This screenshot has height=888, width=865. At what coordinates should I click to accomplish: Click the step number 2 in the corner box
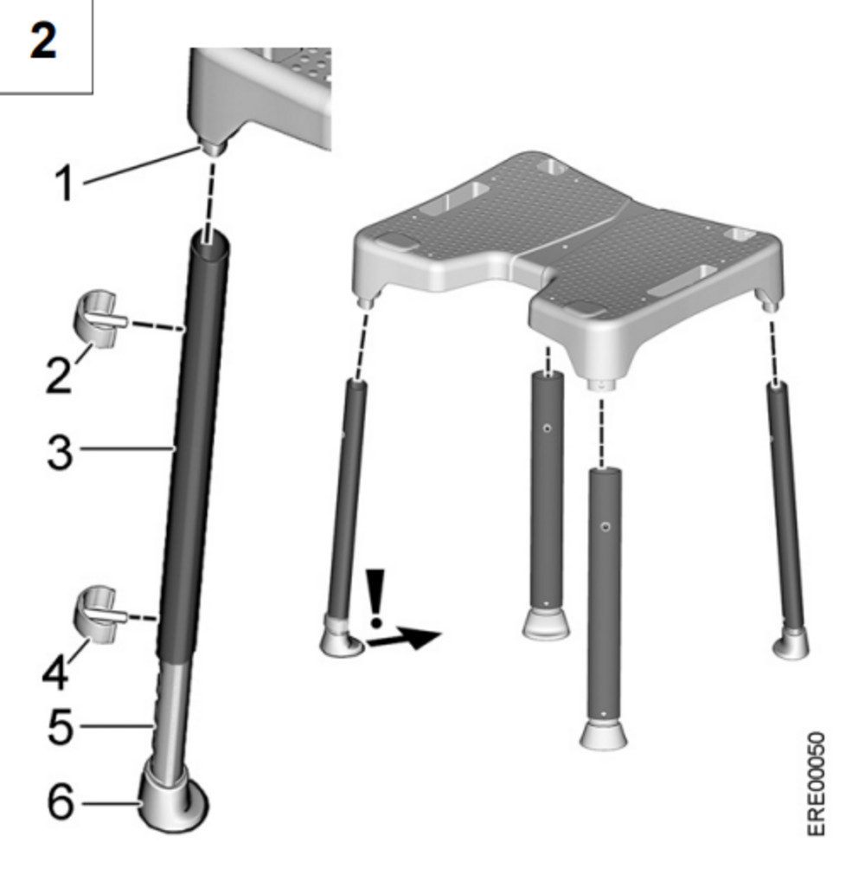click(x=43, y=41)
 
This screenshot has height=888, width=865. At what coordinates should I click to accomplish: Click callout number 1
click(x=65, y=183)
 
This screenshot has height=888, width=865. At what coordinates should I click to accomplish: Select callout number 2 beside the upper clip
click(x=59, y=375)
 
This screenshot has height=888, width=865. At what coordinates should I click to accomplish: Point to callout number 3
click(x=60, y=453)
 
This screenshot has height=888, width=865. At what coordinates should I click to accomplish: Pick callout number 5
click(x=61, y=726)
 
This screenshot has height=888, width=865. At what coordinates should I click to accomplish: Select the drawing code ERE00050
click(x=816, y=784)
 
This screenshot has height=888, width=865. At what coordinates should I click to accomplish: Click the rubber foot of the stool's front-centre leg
click(x=604, y=735)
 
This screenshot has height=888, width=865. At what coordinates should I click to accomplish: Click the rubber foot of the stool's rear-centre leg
click(x=546, y=623)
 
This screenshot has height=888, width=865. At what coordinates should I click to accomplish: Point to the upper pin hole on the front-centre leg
click(x=605, y=527)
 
